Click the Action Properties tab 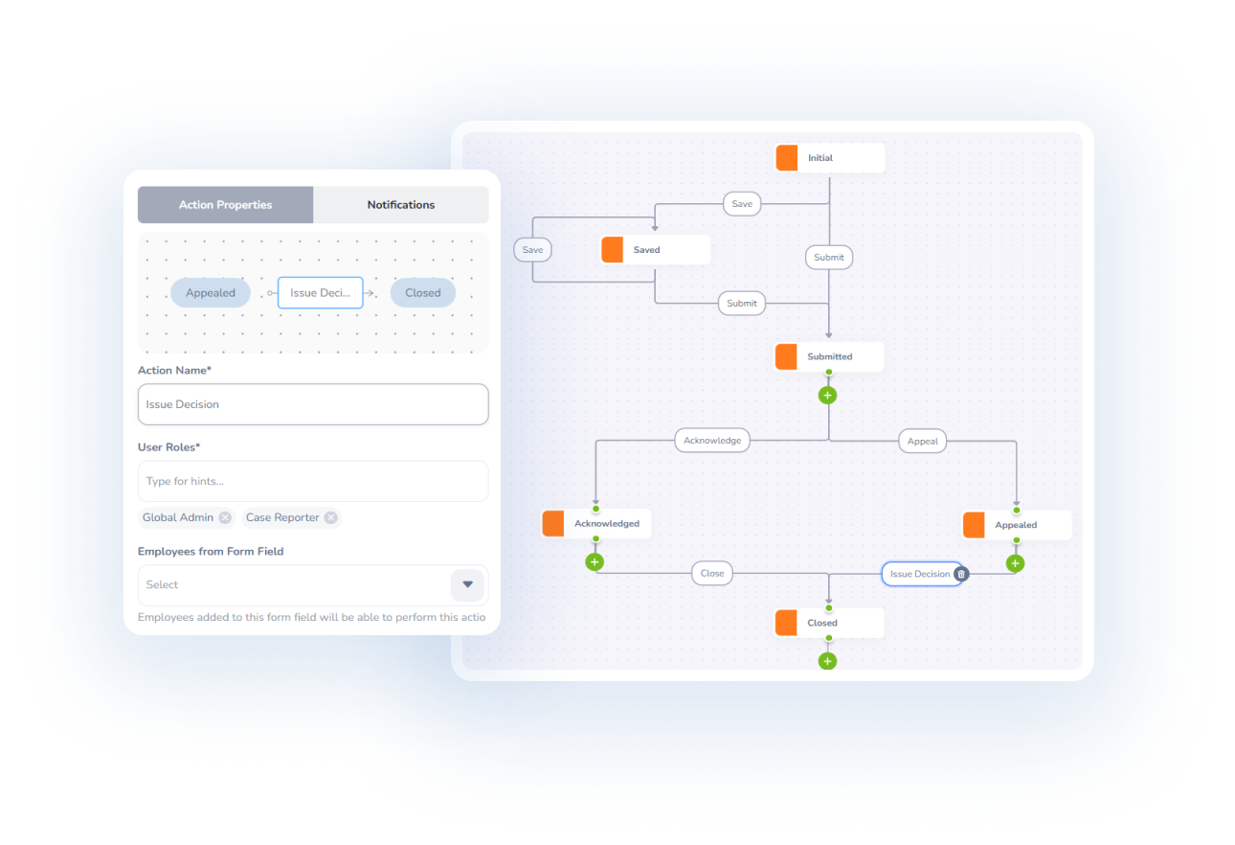tap(225, 205)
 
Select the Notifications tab tap(400, 205)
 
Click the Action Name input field tap(313, 404)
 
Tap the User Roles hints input tap(313, 481)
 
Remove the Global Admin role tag tap(225, 517)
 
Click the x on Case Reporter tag tap(330, 517)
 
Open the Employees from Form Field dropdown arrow tap(467, 584)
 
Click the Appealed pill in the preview tap(211, 293)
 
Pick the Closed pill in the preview tap(422, 293)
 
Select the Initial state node tap(829, 158)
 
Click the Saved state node tap(655, 250)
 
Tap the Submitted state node tap(829, 356)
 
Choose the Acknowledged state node tap(595, 524)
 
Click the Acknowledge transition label tap(712, 441)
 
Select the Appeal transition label tap(922, 442)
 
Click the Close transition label tap(712, 574)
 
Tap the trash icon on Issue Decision tap(962, 574)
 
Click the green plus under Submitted tap(828, 395)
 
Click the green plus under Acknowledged tap(595, 561)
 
